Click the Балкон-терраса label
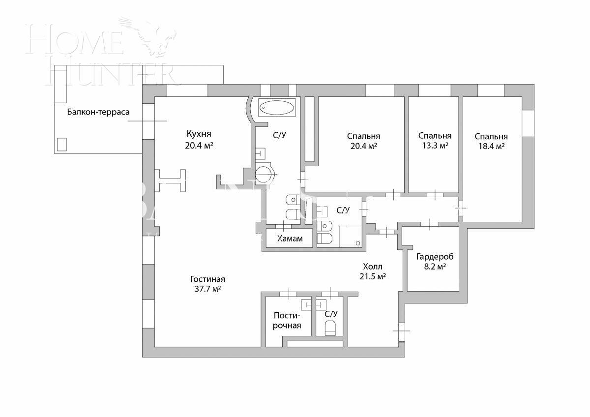98,112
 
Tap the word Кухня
199,134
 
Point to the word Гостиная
207,279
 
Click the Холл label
372,267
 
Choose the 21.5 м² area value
372,276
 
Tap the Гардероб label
434,257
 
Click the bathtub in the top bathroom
277,107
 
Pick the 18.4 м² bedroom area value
491,147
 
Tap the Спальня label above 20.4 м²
363,136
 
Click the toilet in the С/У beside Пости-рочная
330,328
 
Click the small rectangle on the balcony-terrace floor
61,144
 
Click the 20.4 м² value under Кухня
199,146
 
